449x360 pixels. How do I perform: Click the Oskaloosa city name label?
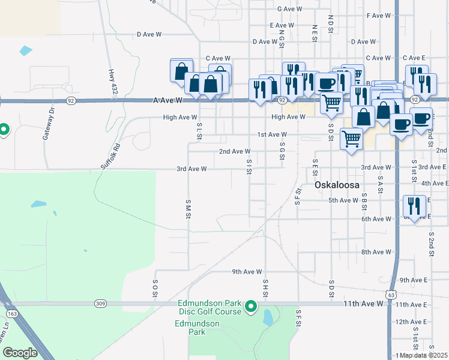[x=337, y=185]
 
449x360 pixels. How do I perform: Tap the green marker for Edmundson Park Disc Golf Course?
[x=252, y=308]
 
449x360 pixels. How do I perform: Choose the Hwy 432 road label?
[x=112, y=82]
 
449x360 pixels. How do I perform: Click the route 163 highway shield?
[x=11, y=314]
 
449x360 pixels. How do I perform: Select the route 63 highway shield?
[x=391, y=295]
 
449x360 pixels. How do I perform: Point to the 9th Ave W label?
[x=247, y=272]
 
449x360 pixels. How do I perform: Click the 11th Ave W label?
[x=363, y=304]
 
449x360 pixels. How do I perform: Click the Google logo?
[x=20, y=353]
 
